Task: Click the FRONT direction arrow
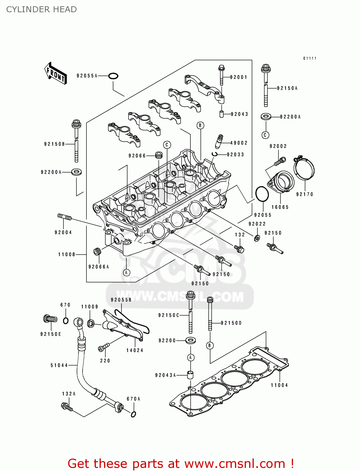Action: [x=56, y=73]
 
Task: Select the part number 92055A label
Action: [x=87, y=76]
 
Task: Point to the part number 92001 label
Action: [x=239, y=77]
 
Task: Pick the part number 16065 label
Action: [x=280, y=207]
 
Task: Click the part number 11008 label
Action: [x=67, y=254]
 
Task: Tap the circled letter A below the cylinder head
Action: [x=126, y=272]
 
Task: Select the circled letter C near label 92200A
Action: [x=265, y=135]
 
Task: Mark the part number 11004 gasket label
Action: [x=279, y=385]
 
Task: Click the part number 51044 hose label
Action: [x=59, y=365]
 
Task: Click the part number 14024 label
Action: [x=135, y=350]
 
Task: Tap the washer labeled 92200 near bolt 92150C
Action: [x=190, y=340]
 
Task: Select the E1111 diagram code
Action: [x=310, y=58]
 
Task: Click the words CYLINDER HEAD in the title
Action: [x=41, y=9]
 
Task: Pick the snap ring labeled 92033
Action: [x=215, y=154]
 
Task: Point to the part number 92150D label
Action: [x=231, y=323]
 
